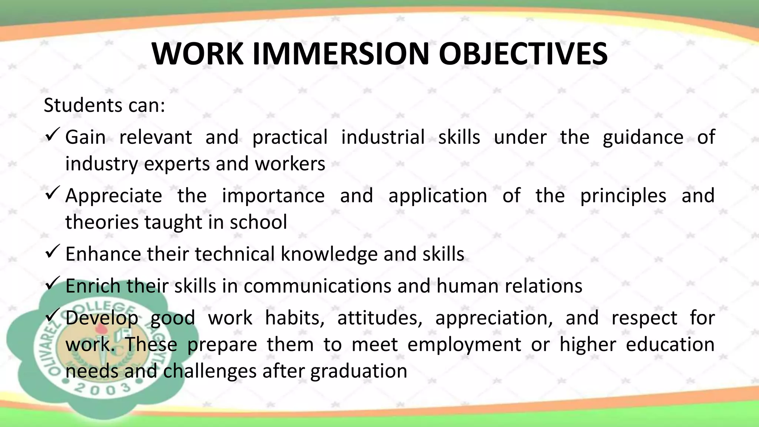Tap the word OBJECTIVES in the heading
click(x=523, y=54)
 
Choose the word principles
click(x=623, y=196)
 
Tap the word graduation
click(x=358, y=371)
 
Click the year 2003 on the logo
click(x=102, y=389)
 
